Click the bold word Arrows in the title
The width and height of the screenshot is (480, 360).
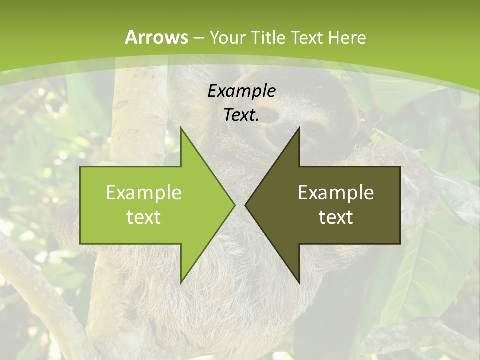click(157, 37)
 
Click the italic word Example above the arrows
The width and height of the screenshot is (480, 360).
click(241, 91)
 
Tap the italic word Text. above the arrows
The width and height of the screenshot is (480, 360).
click(241, 115)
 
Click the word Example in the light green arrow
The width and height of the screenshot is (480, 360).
click(143, 192)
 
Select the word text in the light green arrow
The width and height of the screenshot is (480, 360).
click(143, 217)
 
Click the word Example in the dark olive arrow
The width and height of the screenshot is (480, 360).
click(336, 192)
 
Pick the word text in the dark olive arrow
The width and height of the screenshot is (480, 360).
click(336, 217)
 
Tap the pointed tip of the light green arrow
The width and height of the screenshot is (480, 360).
click(234, 205)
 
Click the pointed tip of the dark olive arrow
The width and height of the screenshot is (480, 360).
click(245, 205)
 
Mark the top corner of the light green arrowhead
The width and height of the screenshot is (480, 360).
click(181, 128)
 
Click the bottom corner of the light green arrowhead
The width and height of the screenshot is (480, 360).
click(181, 282)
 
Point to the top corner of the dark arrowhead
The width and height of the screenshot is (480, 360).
click(299, 128)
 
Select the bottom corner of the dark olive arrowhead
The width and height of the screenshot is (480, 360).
click(299, 282)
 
